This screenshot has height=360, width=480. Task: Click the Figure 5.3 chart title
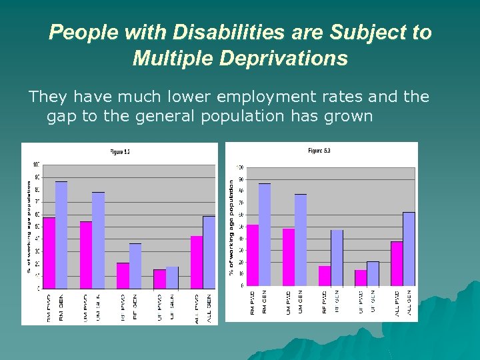[319, 151]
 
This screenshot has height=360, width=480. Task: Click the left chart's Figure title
[120, 152]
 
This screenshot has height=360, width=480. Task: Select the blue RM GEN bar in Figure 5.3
[265, 234]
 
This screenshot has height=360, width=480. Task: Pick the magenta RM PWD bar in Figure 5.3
[253, 255]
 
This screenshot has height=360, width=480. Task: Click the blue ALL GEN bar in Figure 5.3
[409, 249]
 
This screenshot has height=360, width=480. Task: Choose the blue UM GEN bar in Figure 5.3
[301, 239]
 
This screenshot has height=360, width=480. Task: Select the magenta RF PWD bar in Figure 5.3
[325, 275]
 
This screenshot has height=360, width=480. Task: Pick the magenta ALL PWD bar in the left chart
[197, 262]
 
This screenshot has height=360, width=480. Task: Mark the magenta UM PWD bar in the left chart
[86, 255]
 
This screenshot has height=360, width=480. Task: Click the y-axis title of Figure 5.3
[231, 227]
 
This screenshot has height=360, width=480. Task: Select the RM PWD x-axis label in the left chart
[49, 308]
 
